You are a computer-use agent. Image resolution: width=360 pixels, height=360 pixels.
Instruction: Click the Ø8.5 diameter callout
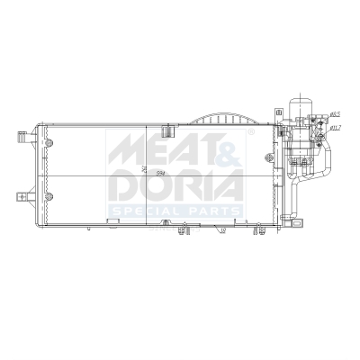point(334,114)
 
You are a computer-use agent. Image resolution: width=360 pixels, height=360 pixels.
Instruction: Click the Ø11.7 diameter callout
point(335,128)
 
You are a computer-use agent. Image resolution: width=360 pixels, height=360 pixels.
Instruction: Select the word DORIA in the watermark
point(175,184)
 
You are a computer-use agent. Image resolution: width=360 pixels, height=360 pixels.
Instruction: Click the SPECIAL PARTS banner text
point(175,211)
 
